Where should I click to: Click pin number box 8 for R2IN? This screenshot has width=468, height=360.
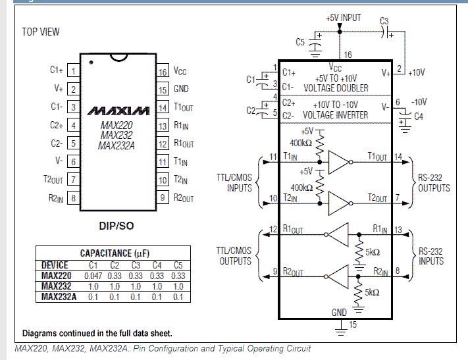[73, 197]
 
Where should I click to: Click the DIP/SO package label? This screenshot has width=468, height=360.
[117, 226]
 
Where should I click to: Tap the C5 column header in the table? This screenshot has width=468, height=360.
[177, 265]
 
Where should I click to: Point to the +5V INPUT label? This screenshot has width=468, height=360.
[344, 18]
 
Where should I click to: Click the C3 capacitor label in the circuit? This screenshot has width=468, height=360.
[385, 21]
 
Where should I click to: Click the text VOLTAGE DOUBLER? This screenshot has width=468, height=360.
[336, 88]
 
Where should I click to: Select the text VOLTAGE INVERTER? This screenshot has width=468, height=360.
[336, 115]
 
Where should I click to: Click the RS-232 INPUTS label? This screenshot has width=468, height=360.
[434, 256]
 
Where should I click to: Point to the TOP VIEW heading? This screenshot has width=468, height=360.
[41, 32]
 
